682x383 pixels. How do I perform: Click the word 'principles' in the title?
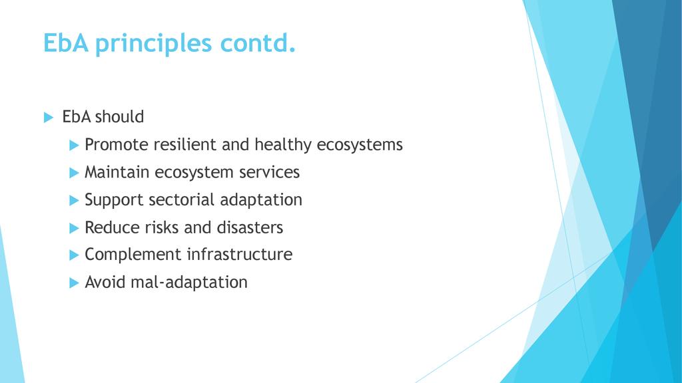(x=153, y=44)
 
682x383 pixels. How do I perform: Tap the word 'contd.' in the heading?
(x=258, y=43)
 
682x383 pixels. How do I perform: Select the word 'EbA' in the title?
(x=66, y=43)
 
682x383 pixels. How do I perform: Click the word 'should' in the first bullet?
(x=119, y=116)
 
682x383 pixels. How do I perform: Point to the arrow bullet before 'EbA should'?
(x=48, y=117)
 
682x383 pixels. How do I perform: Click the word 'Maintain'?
(x=117, y=172)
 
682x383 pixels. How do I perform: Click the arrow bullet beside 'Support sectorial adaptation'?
(x=74, y=200)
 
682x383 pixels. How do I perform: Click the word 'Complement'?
(x=133, y=255)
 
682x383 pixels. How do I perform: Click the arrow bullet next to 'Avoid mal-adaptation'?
(x=74, y=283)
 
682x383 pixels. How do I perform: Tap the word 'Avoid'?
(x=105, y=282)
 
